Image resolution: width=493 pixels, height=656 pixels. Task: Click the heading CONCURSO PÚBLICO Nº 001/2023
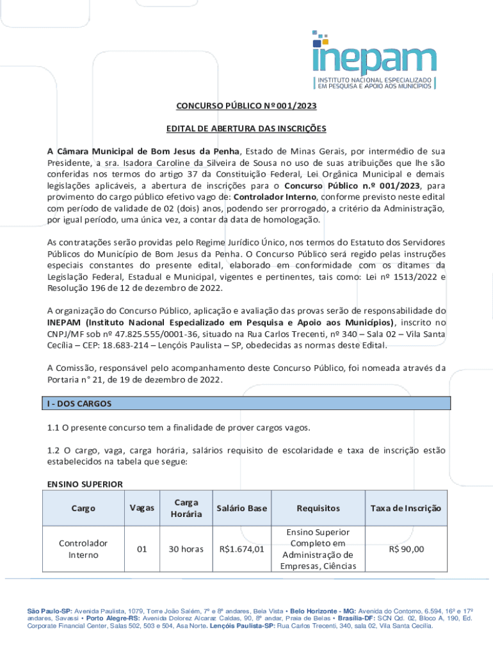[247, 106]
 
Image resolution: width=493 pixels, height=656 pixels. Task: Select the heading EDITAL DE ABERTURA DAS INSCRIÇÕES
[247, 129]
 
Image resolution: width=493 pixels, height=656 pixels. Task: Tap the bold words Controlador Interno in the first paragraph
[275, 197]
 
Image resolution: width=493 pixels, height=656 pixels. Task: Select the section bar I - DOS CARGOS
[249, 404]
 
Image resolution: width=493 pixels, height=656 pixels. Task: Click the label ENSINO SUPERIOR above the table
[85, 484]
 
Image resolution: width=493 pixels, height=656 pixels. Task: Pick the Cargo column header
[83, 509]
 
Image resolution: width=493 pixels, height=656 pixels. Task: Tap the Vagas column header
[141, 508]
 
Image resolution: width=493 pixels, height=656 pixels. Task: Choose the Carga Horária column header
[186, 509]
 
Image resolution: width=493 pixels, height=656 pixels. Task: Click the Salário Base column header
[241, 509]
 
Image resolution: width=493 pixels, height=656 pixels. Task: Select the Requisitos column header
[318, 509]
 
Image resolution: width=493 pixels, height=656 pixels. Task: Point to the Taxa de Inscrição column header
[406, 509]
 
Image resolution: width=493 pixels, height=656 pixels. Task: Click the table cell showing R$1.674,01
[241, 549]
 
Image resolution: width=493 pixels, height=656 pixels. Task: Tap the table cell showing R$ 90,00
[406, 549]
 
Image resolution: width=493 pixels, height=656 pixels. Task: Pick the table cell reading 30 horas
[186, 549]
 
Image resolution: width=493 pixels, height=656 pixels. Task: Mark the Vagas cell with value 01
[141, 549]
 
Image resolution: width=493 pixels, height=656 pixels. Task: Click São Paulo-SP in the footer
[49, 612]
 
